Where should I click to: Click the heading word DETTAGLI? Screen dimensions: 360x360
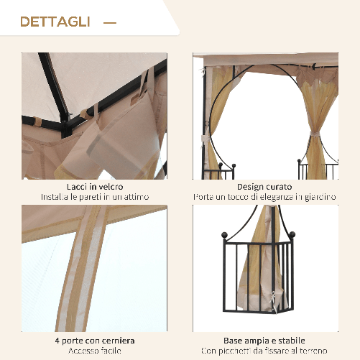[x=55, y=22]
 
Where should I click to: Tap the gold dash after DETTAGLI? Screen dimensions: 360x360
[x=109, y=23]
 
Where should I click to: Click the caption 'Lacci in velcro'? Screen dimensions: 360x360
[x=94, y=187]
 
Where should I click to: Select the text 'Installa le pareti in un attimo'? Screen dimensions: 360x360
[x=94, y=197]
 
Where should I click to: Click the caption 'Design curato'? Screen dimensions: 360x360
[x=265, y=187]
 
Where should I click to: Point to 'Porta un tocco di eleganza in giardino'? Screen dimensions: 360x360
[x=265, y=197]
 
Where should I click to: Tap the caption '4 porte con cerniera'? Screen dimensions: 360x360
[x=94, y=340]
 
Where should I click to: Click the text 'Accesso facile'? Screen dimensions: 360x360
[x=94, y=351]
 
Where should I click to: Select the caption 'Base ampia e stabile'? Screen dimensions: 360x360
[x=265, y=340]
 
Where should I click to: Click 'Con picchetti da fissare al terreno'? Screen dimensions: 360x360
[x=265, y=351]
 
